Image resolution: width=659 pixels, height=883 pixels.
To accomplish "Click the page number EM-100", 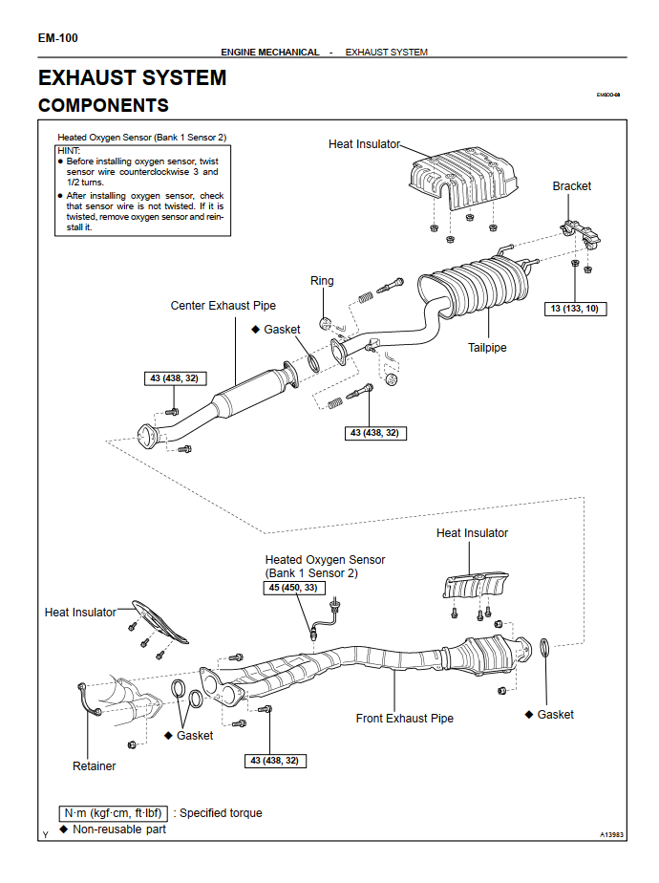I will coord(58,38).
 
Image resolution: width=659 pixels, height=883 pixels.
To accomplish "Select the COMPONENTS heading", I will coord(103,105).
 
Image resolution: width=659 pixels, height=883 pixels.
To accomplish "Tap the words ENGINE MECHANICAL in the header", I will coord(270,52).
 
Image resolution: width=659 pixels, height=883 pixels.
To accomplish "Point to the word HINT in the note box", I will coord(69,151).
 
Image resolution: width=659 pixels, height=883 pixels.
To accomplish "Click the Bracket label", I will coord(571,186).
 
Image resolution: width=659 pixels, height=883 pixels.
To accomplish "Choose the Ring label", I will coord(322,281).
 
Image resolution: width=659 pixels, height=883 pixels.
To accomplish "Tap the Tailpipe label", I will coord(487,348).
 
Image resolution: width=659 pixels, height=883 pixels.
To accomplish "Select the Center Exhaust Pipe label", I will coord(223,306).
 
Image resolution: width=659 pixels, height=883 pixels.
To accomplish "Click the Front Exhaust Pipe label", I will coord(405,718).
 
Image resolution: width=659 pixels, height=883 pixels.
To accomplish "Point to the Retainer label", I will coord(94,765).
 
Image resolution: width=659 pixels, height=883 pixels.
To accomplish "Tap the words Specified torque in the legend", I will coord(221,813).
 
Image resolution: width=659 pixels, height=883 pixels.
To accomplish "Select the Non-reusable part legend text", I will coord(119,829).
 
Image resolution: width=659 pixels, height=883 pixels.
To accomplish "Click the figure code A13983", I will coord(611,834).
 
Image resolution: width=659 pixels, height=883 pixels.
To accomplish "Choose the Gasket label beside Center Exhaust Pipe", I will coord(282,329).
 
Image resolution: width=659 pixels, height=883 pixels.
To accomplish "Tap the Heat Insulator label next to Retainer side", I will coord(80,612).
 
